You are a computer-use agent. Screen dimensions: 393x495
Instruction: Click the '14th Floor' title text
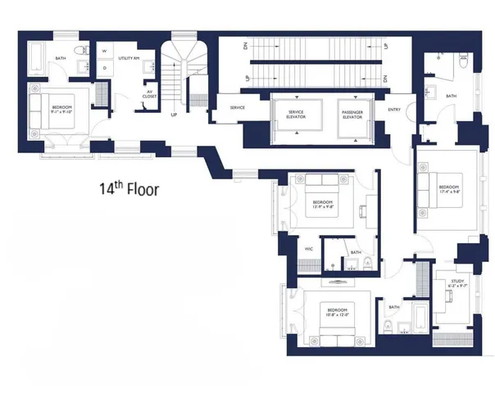(125, 189)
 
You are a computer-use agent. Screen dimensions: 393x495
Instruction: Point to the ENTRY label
(394, 109)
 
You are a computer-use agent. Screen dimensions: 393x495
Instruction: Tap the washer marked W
(104, 52)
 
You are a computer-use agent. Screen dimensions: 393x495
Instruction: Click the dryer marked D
(104, 68)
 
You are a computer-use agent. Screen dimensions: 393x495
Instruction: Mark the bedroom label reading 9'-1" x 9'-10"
(62, 111)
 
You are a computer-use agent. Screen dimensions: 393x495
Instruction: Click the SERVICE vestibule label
(238, 108)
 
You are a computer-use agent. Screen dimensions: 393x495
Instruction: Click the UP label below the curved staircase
(174, 115)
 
